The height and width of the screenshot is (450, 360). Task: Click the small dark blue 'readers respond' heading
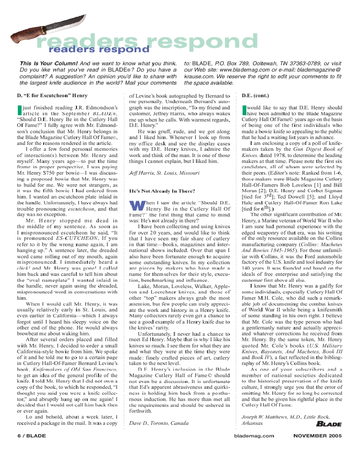(x=99, y=49)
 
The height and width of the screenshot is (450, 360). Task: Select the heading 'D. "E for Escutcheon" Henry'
(x=52, y=96)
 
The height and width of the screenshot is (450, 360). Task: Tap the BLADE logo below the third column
(x=328, y=424)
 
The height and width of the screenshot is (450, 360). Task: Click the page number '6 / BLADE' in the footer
(x=32, y=436)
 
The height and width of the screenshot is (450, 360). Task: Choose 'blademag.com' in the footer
(x=254, y=436)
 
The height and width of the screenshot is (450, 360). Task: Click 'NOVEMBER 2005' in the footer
(x=317, y=436)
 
